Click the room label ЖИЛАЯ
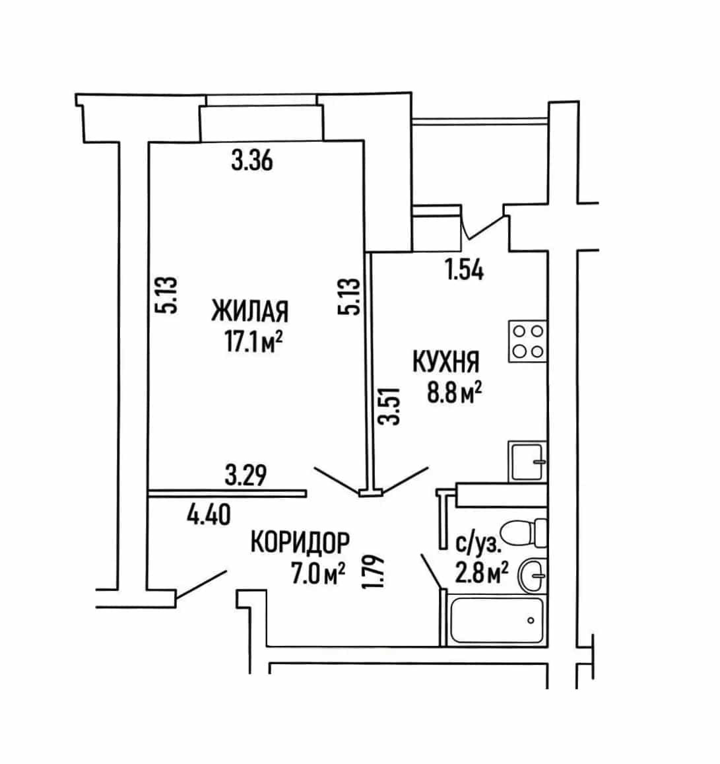249,312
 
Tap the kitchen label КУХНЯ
446,362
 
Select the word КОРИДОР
300,542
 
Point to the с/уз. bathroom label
478,543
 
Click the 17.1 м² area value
253,341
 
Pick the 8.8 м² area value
454,393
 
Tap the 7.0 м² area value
318,573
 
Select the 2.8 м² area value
482,573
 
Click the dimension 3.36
252,160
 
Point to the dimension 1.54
465,270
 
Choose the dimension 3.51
391,406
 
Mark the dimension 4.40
209,514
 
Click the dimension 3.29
246,475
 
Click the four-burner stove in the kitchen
528,341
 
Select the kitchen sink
527,462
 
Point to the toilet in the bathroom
524,533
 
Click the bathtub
496,620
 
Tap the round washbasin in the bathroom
533,576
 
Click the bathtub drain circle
531,620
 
